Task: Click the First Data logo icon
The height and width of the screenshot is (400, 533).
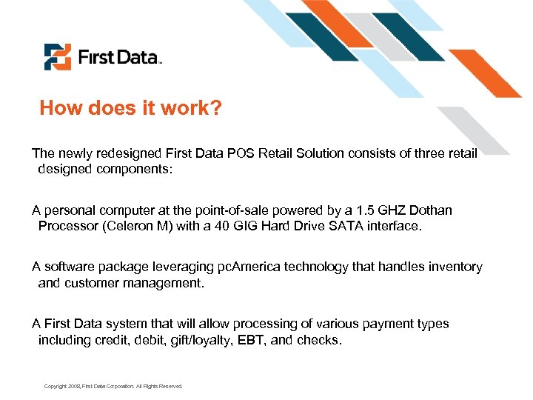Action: pos(57,57)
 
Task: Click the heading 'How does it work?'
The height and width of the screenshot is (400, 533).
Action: pos(130,108)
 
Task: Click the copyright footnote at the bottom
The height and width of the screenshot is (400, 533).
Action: pos(113,386)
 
